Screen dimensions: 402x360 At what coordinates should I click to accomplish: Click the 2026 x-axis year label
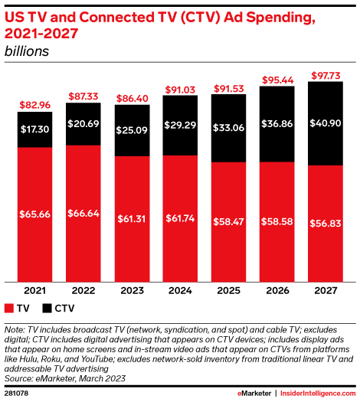click(278, 292)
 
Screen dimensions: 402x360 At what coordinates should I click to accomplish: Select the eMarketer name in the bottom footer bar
click(250, 392)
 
